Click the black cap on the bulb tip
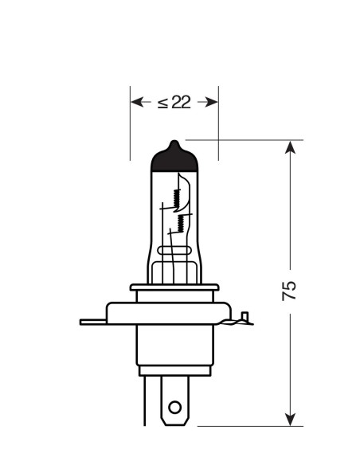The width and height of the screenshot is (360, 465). (x=174, y=158)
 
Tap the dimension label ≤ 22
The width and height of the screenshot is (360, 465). (x=174, y=102)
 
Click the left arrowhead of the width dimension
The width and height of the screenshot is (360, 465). (x=137, y=102)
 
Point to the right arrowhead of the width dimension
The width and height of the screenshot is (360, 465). (x=212, y=102)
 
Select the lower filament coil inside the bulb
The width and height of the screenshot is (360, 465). (x=182, y=221)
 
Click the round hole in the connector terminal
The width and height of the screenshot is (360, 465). (x=174, y=408)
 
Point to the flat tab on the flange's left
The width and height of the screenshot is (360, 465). (x=92, y=322)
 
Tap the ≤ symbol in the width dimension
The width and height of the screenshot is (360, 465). (x=161, y=102)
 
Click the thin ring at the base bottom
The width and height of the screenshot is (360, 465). (x=174, y=370)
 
